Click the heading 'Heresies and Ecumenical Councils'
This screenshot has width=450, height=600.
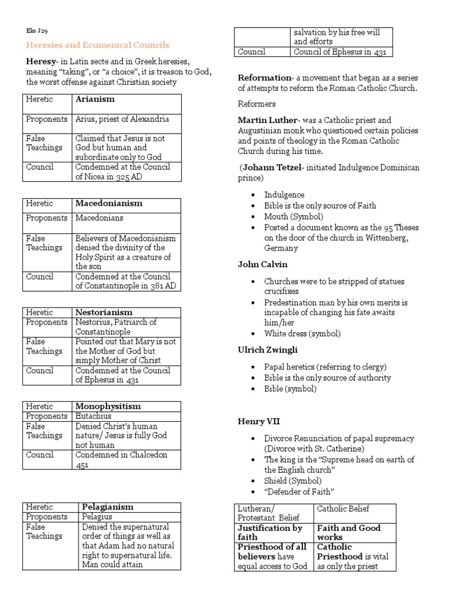(97, 45)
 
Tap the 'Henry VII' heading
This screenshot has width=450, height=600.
(257, 421)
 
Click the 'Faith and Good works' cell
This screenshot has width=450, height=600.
(348, 532)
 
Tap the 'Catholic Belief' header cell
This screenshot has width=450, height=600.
(343, 508)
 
